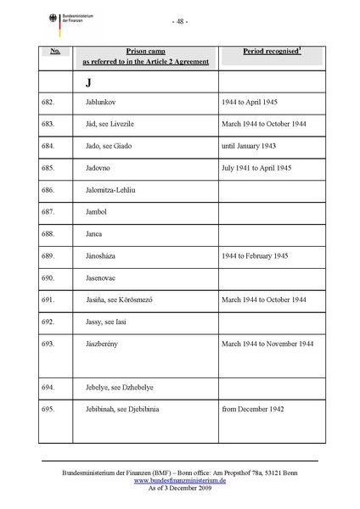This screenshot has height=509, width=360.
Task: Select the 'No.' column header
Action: (x=55, y=52)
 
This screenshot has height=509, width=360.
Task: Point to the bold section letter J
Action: (x=87, y=83)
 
